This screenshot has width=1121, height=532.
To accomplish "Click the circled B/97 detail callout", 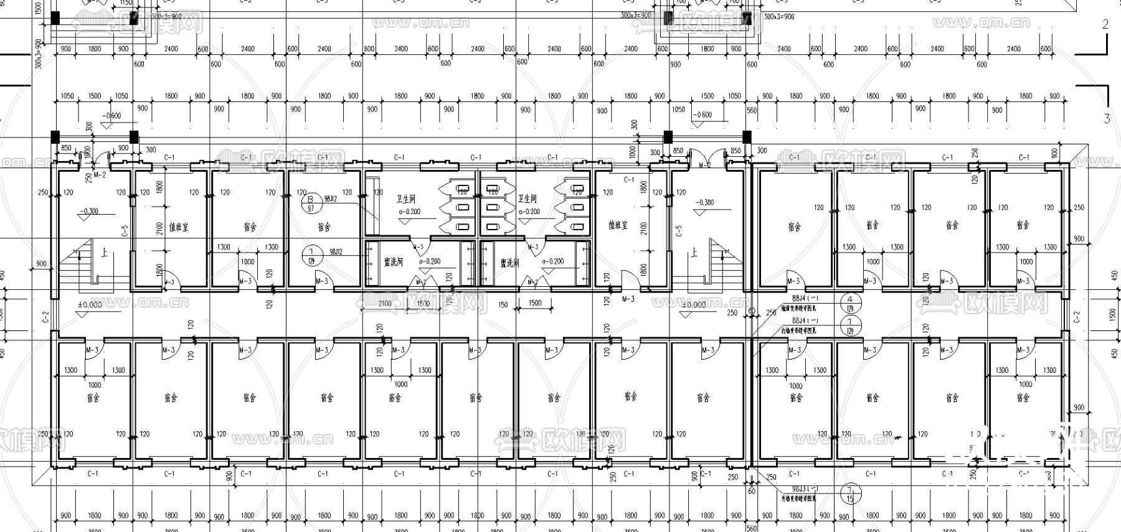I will coord(310,203).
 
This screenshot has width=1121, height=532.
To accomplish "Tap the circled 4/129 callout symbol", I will coord(850,304).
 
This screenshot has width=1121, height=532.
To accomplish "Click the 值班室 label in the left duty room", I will coord(178,227).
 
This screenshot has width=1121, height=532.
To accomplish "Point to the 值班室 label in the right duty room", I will coord(617,225).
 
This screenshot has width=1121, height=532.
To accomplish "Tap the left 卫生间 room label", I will coord(405,198).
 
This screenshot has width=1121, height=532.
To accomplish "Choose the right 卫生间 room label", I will coord(527,198).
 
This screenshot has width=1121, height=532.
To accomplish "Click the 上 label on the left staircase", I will coord(103,253).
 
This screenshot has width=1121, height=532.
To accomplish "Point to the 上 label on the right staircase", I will coord(694,253).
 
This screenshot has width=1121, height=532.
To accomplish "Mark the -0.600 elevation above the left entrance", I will coord(113,116).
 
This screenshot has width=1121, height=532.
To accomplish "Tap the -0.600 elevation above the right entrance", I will coord(702,115).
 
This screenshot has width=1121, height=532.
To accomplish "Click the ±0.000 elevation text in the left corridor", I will coord(90,305).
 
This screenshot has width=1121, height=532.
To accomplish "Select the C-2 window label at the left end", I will coord(45,318).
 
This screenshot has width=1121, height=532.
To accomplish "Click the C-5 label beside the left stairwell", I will coord(125,231).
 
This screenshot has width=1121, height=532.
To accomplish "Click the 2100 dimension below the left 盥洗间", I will coord(385,304).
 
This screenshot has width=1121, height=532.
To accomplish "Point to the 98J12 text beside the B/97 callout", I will coord(330,198).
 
